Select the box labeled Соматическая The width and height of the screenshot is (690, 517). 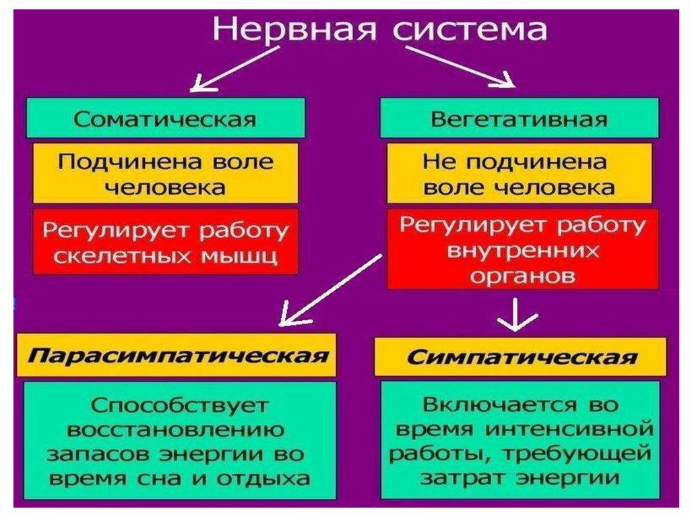point(165,119)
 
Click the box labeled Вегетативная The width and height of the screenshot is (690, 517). point(519,119)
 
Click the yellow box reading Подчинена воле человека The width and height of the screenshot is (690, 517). point(165,173)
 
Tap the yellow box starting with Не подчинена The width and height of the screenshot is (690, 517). point(519,173)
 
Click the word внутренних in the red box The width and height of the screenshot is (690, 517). point(523,251)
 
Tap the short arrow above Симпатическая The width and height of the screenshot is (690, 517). point(516,315)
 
